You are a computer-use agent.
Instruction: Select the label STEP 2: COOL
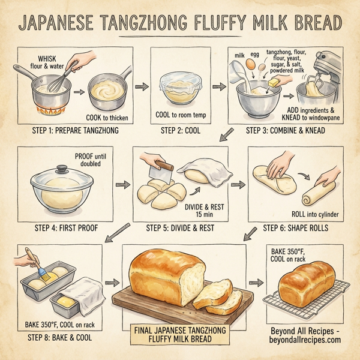[178, 129]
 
